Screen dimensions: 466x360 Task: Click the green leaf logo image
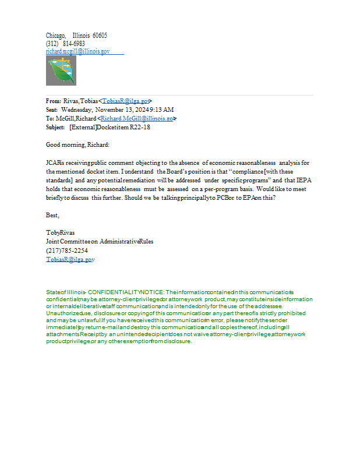pyautogui.click(x=61, y=70)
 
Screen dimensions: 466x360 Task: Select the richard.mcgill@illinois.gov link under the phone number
pyautogui.click(x=77, y=51)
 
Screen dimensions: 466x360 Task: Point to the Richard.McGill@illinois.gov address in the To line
pyautogui.click(x=137, y=118)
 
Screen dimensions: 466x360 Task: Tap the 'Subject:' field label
pyautogui.click(x=56, y=127)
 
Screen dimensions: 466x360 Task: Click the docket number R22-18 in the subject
pyautogui.click(x=140, y=127)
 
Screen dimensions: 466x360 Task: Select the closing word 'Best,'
pyautogui.click(x=52, y=216)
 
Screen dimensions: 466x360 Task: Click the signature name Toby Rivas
pyautogui.click(x=60, y=233)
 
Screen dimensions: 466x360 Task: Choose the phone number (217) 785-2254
pyautogui.click(x=67, y=250)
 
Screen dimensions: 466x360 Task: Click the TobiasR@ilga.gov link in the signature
pyautogui.click(x=70, y=259)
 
